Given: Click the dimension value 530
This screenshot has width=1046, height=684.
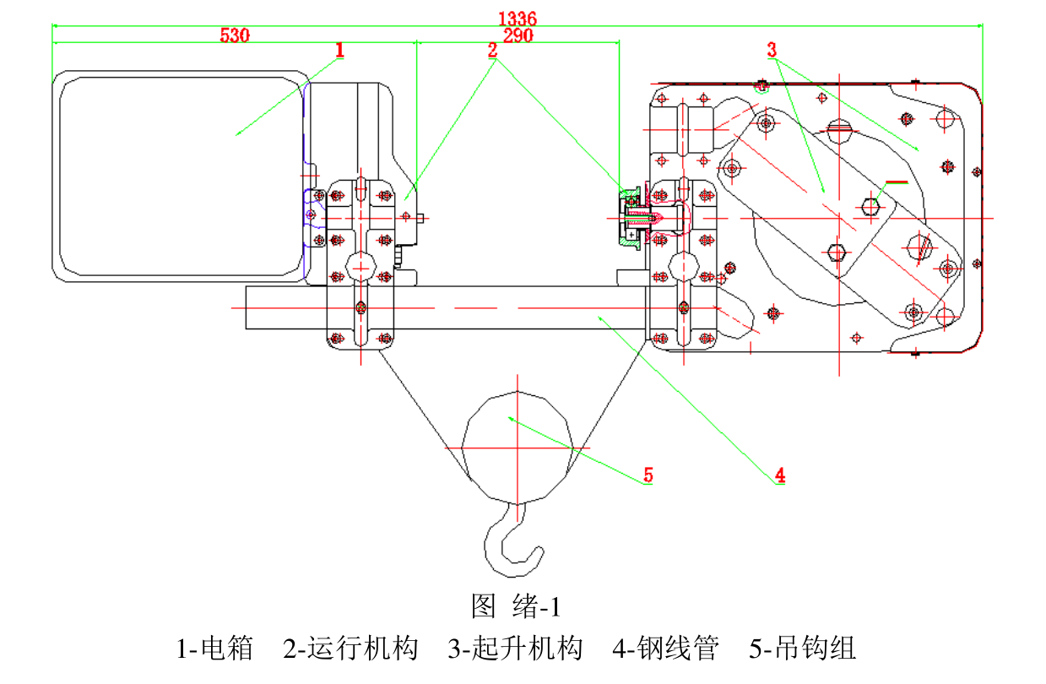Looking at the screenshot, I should (x=236, y=35).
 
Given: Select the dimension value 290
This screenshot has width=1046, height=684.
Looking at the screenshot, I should (x=518, y=35).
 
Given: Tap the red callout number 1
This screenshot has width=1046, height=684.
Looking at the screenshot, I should (x=340, y=51).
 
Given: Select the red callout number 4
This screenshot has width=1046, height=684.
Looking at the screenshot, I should (x=781, y=475).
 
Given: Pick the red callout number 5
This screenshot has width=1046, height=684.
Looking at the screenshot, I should (x=648, y=475).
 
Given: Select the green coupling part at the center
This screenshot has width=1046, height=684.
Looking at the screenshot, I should (x=630, y=218).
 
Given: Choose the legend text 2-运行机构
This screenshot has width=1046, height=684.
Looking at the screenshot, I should (x=350, y=649).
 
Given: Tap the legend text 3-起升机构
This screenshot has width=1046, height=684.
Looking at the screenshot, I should (x=515, y=649).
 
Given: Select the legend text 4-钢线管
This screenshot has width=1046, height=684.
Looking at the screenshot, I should (x=666, y=649).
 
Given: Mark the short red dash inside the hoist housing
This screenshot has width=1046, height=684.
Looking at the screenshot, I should (x=896, y=182).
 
